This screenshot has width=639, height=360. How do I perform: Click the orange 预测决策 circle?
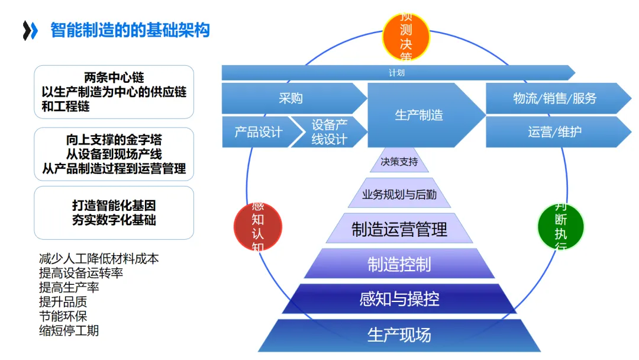tap(406, 37)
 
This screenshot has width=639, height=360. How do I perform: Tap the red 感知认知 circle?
tap(258, 227)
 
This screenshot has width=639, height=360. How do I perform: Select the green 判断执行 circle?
tap(560, 226)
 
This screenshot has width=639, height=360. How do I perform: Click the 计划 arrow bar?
tap(396, 73)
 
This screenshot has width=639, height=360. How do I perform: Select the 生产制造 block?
tap(420, 115)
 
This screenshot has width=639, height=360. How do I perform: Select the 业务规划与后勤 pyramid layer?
tap(399, 194)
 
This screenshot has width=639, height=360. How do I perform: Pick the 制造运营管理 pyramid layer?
tap(399, 229)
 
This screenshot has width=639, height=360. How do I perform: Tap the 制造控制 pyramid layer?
tap(399, 264)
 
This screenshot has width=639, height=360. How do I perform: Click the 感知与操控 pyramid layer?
tap(399, 299)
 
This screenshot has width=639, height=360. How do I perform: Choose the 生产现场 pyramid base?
tap(399, 335)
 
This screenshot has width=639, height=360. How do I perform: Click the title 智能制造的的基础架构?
tap(130, 30)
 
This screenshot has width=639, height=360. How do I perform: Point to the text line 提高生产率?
tap(69, 287)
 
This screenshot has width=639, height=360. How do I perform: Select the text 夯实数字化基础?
tap(114, 220)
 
